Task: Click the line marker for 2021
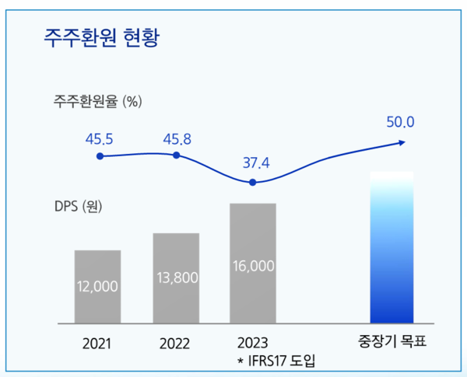coord(100,156)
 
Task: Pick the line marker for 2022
coord(176,155)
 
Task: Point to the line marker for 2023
coord(252,183)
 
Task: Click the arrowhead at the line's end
coord(402,141)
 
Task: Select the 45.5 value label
coord(100,139)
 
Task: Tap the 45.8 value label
coord(176,139)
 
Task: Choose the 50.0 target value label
coord(400,122)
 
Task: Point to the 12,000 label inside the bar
coord(97,286)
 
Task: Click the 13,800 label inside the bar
coord(176,277)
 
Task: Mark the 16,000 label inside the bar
coord(253,266)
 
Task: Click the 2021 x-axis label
coord(97,343)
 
